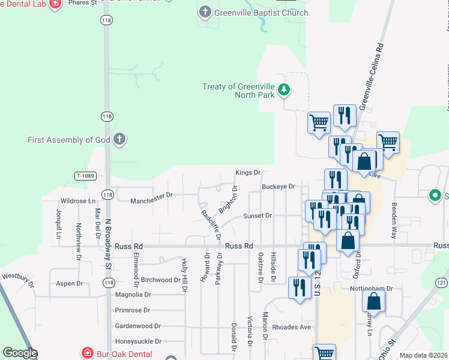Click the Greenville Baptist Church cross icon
click(205, 12)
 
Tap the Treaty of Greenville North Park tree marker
click(284, 91)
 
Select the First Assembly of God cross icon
click(119, 140)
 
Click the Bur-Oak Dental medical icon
click(88, 354)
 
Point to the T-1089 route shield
click(85, 176)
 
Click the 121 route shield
click(441, 283)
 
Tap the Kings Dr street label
click(247, 173)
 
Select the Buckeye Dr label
click(278, 187)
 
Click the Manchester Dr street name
click(151, 195)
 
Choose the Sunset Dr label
click(258, 215)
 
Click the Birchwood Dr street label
click(160, 280)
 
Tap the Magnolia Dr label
click(133, 295)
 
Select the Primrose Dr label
click(133, 311)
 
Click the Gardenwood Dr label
click(137, 326)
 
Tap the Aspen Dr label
click(69, 284)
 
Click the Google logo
click(20, 353)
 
